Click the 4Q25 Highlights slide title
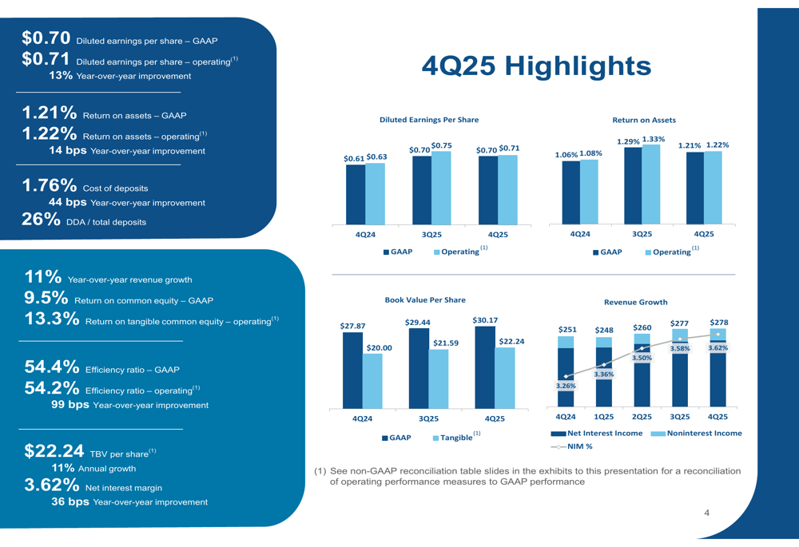536,66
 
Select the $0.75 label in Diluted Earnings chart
442,145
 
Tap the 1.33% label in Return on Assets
654,139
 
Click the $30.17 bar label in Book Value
485,320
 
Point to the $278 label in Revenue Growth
718,322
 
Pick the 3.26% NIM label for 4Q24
566,386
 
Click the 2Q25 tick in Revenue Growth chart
642,417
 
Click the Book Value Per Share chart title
425,300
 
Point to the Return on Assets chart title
644,120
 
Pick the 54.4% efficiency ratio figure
52,367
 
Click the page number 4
706,513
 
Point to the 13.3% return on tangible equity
52,319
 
